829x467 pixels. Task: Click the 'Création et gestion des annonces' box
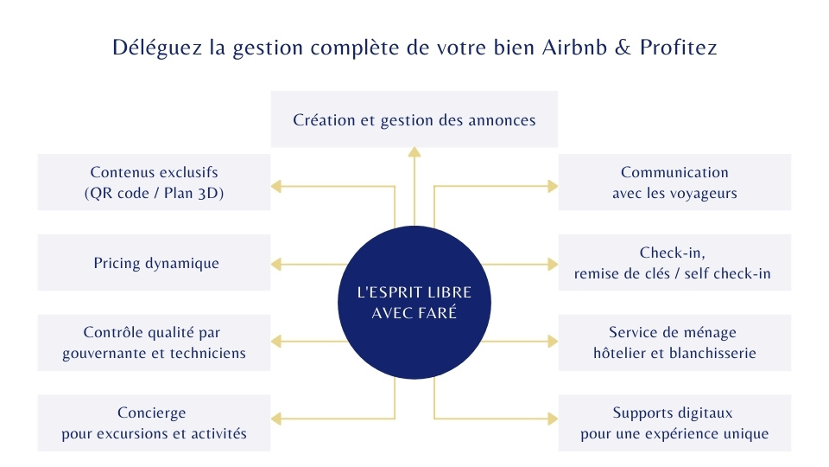(414, 119)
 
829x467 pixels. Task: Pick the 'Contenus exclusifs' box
(154, 182)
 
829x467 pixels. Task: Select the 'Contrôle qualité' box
(154, 342)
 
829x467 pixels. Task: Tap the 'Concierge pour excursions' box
(154, 423)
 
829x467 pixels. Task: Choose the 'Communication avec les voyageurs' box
(674, 182)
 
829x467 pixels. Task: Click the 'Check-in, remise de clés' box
(674, 263)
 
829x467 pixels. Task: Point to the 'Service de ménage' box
(674, 342)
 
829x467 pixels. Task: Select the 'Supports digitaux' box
(674, 423)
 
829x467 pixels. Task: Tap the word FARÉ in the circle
(439, 312)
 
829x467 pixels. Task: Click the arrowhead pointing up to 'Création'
(414, 153)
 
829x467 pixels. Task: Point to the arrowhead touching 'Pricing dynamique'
(276, 263)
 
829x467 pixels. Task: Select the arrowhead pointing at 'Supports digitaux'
(553, 419)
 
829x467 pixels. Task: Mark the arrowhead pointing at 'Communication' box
(553, 185)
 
